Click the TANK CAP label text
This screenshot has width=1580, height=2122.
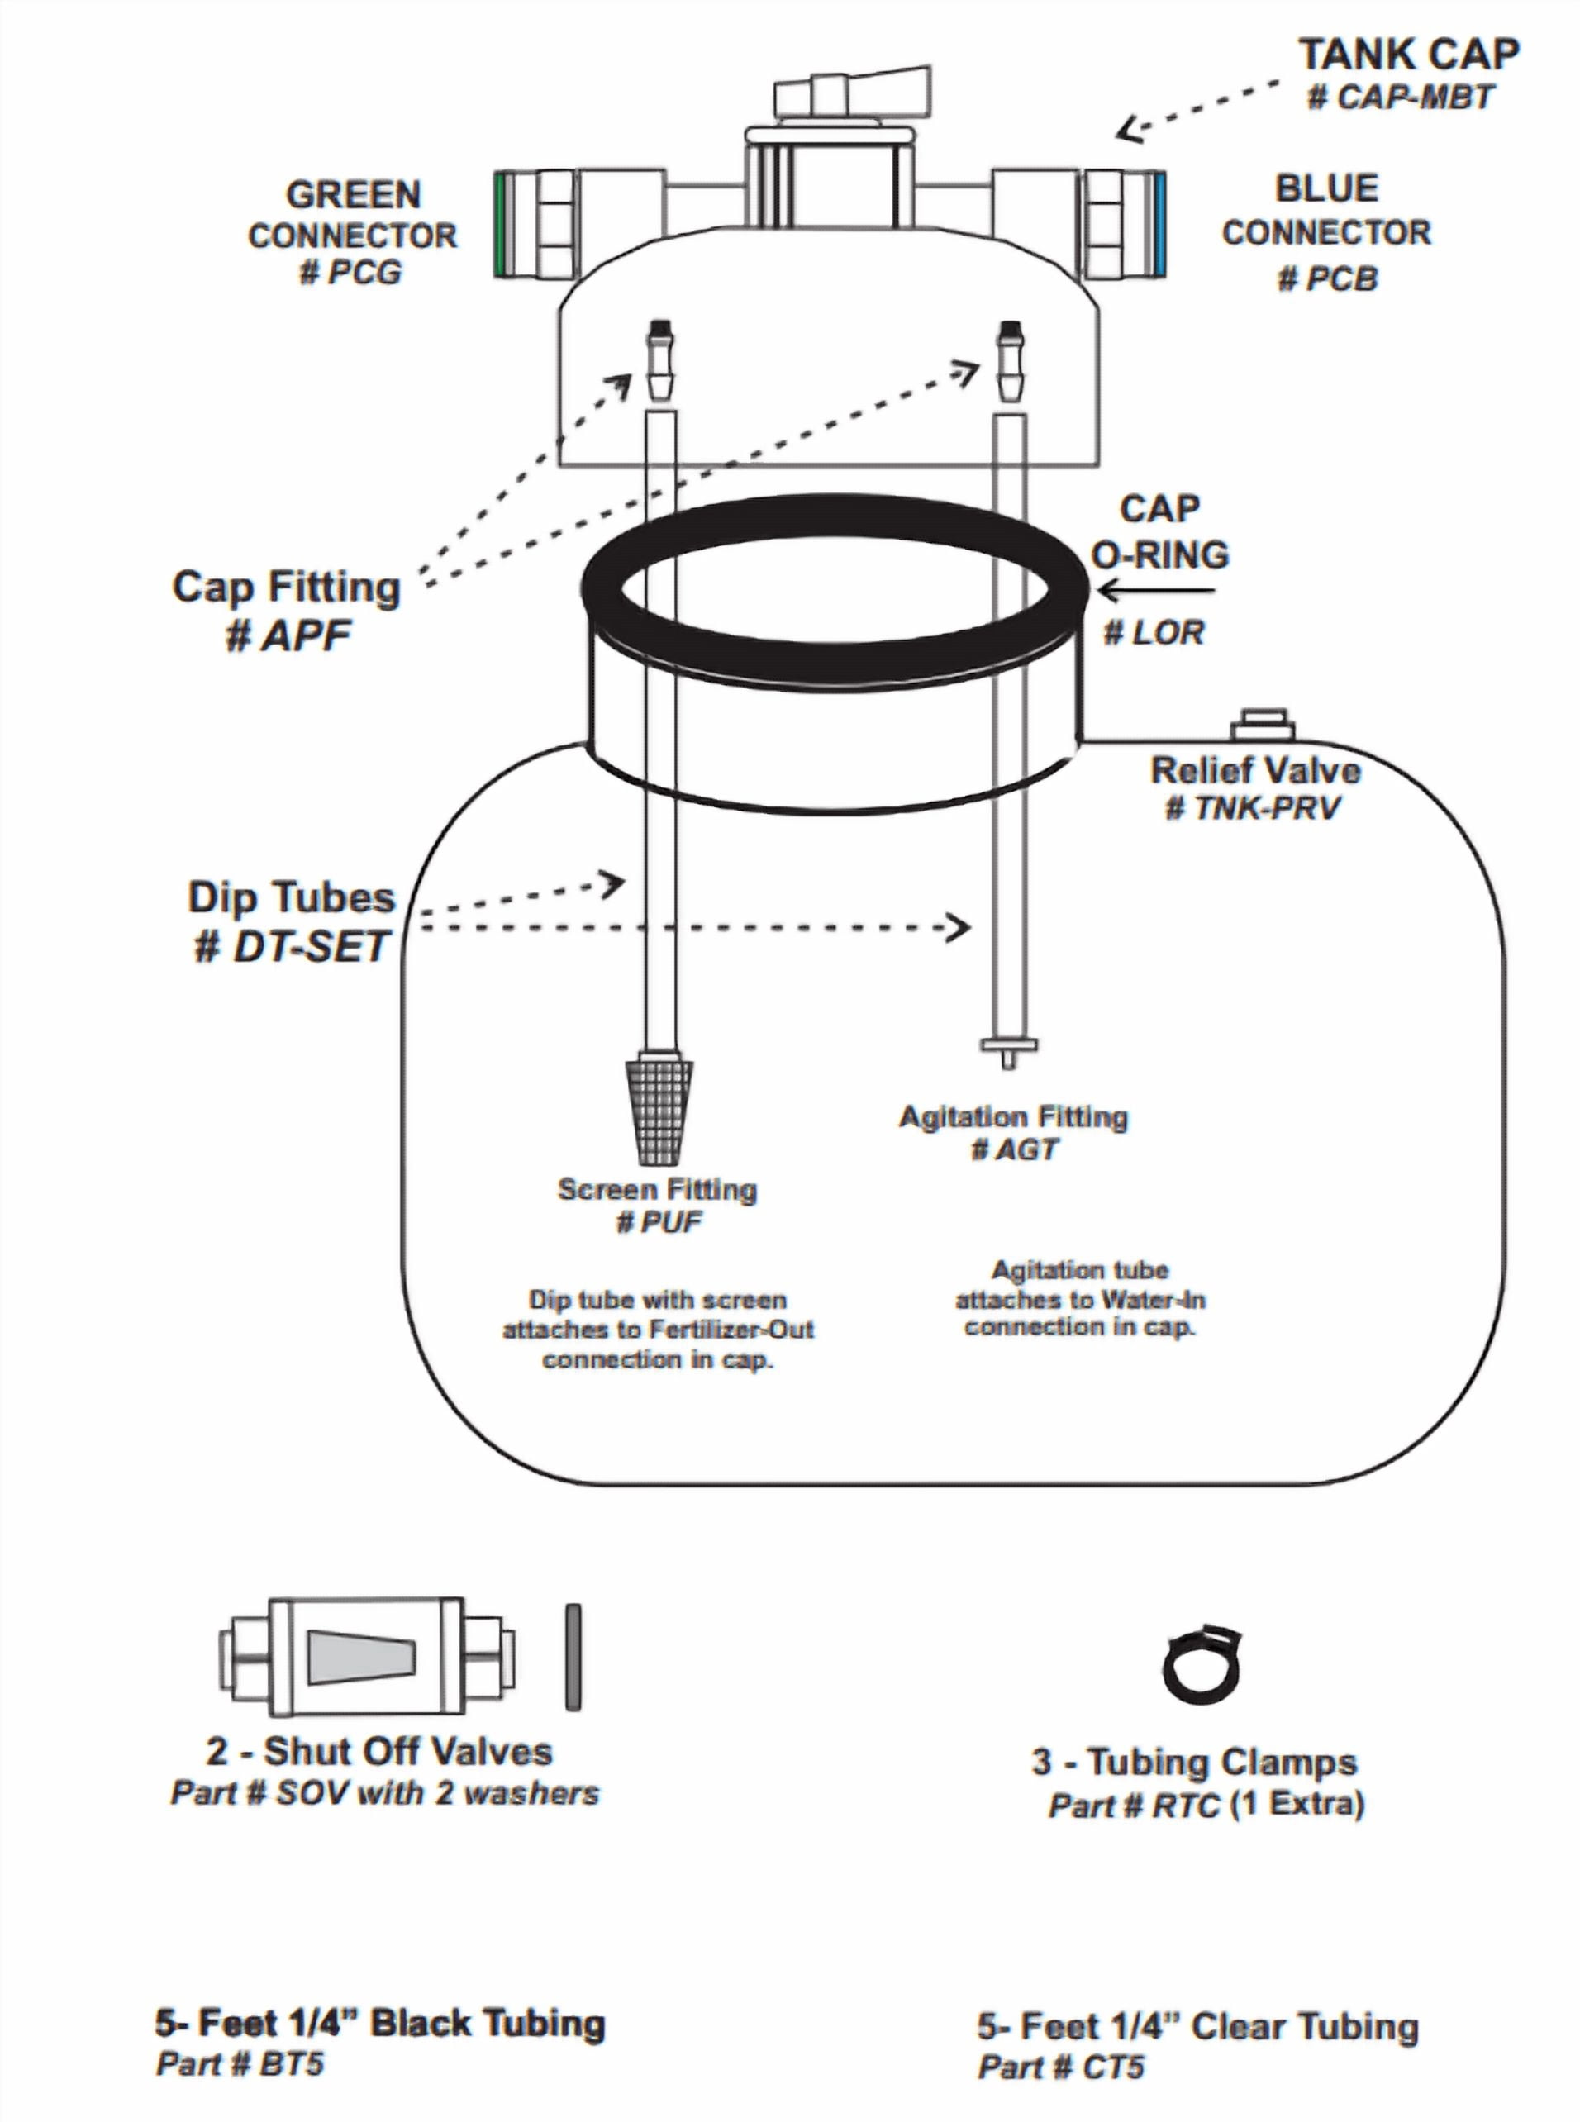(x=1408, y=55)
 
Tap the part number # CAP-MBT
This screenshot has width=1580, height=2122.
(x=1400, y=97)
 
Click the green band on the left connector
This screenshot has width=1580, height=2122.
(x=500, y=224)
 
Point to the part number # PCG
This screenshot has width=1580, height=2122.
(x=351, y=274)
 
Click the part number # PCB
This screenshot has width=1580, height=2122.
(x=1329, y=278)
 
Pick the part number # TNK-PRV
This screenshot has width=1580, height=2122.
(x=1252, y=808)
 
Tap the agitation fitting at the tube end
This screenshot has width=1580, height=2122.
(x=1008, y=1049)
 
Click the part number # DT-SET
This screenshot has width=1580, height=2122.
(x=291, y=947)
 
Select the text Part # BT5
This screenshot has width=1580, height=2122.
(x=240, y=2063)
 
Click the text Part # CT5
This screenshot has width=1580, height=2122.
(x=1061, y=2067)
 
